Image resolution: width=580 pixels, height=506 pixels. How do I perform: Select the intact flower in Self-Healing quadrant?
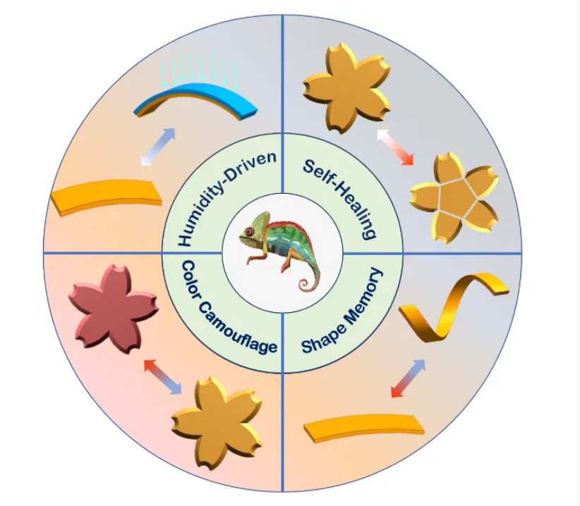(x=347, y=87)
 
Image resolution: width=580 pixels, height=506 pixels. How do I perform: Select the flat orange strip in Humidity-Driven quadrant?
(x=104, y=198)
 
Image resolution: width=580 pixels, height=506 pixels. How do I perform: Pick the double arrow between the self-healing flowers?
(x=396, y=147)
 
